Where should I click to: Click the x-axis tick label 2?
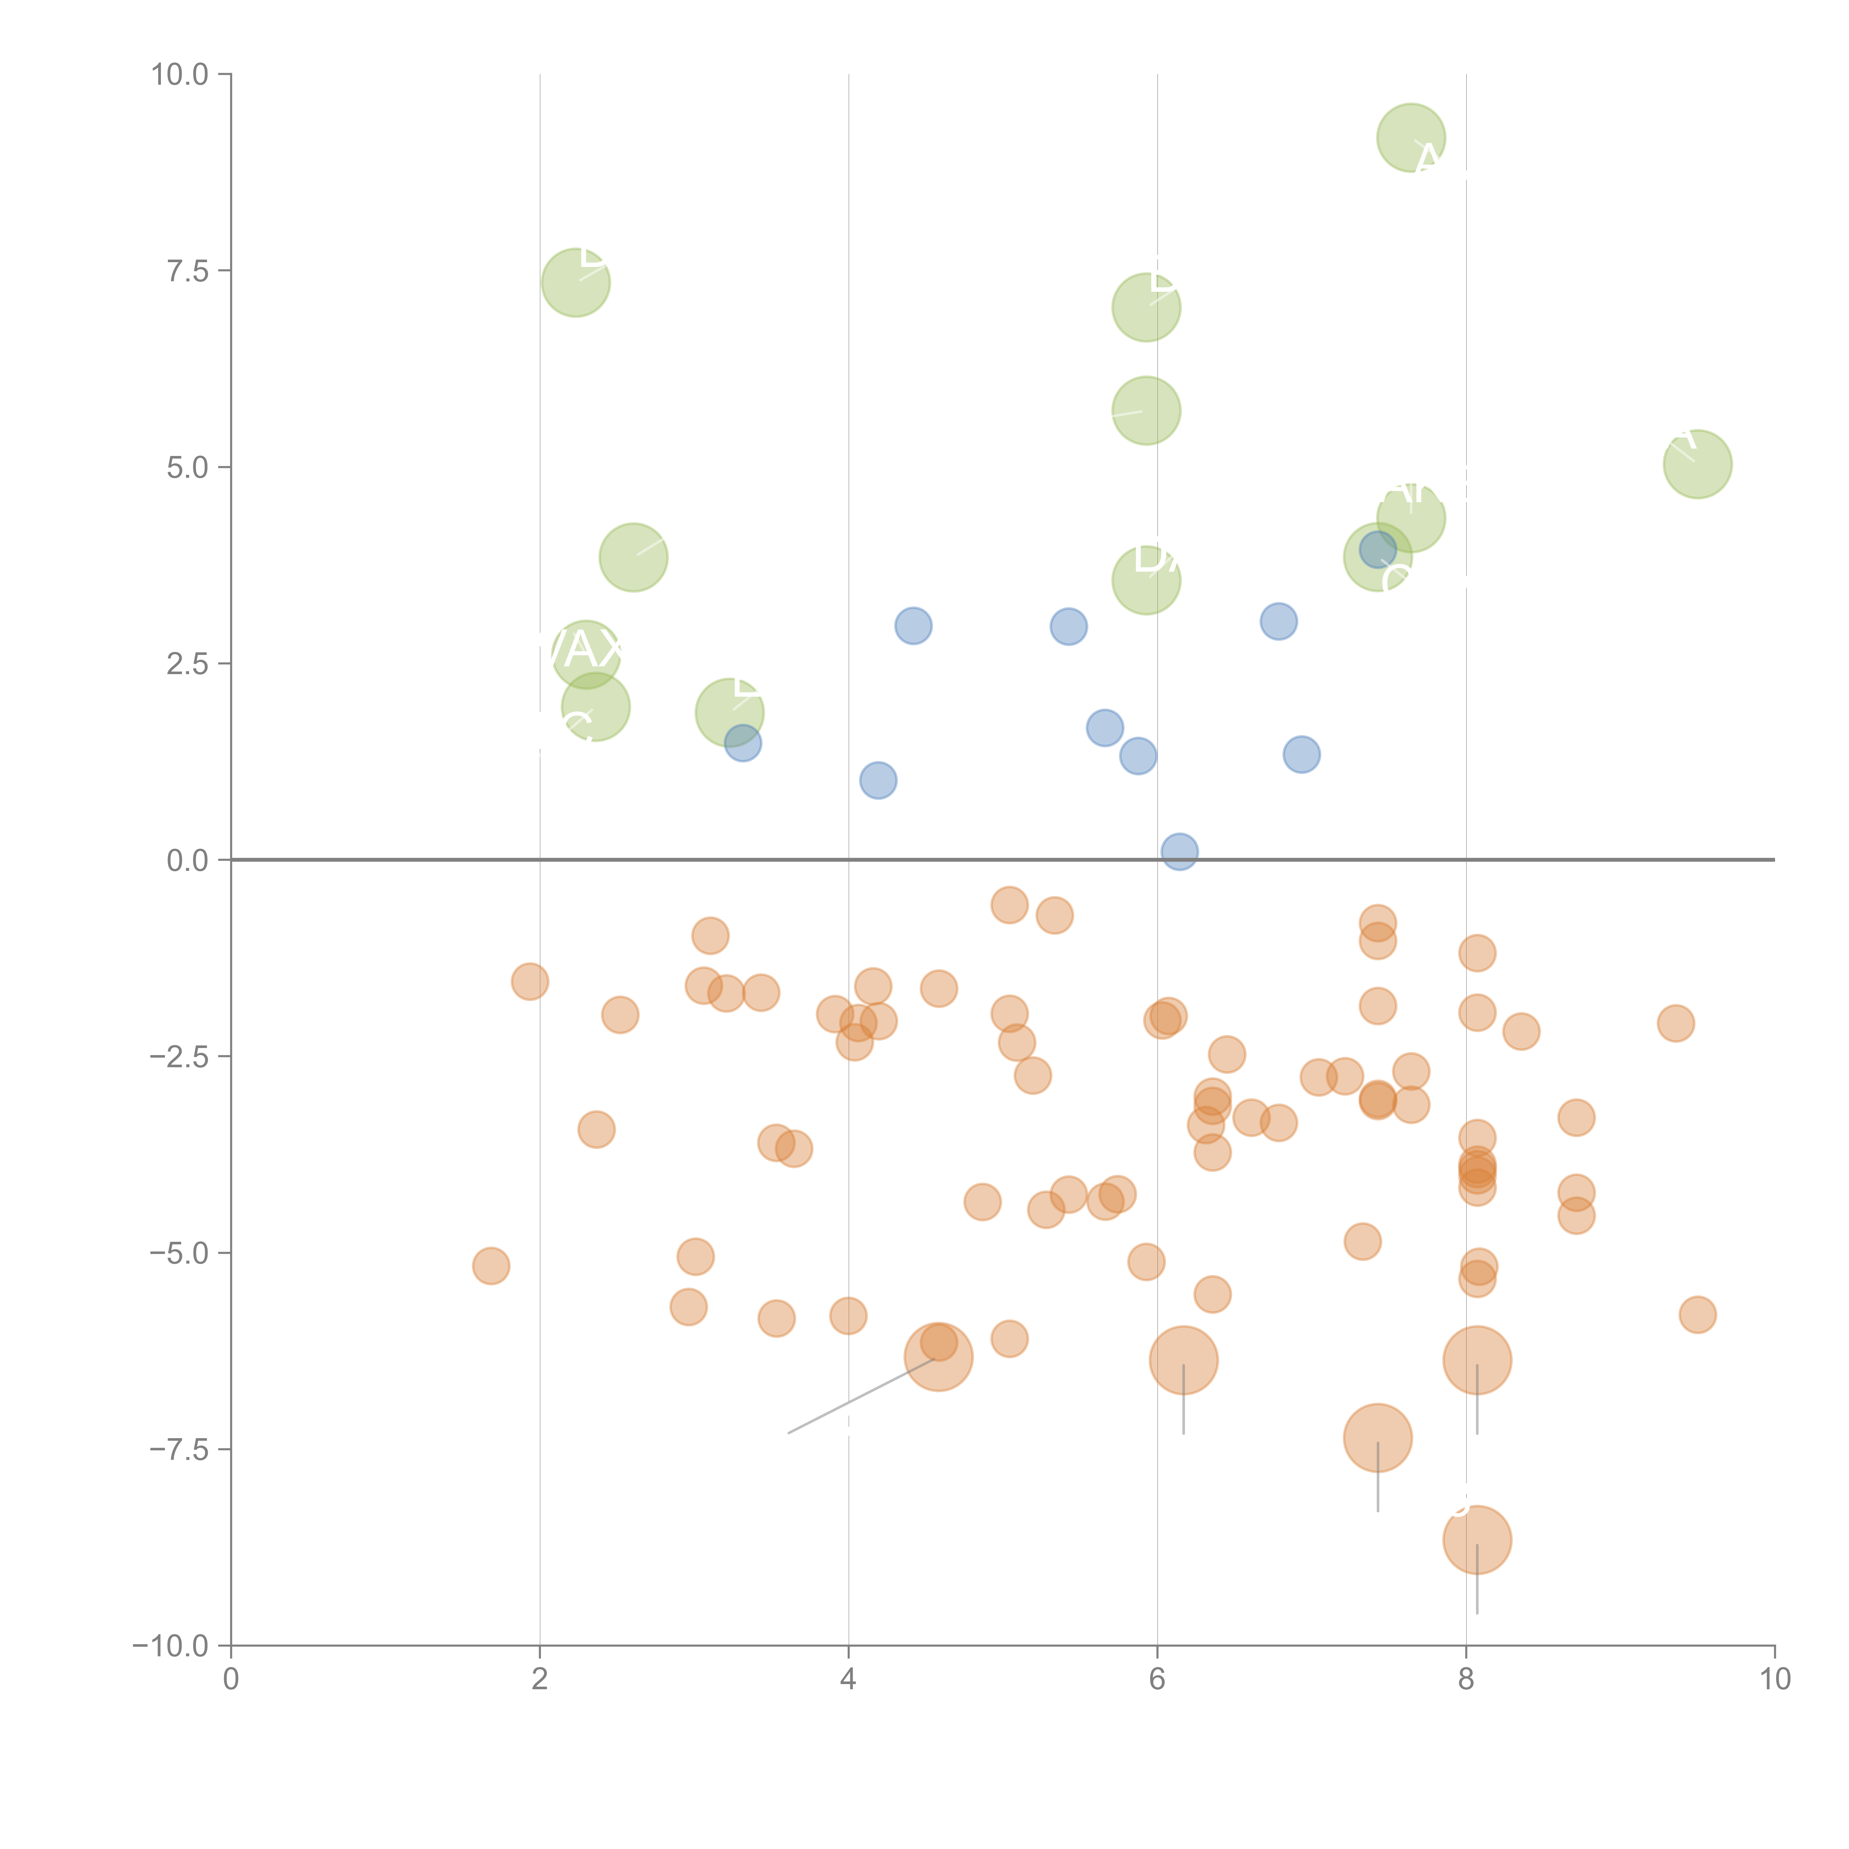click(x=540, y=1680)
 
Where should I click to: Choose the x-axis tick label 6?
click(x=1157, y=1680)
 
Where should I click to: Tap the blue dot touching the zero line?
click(x=1179, y=851)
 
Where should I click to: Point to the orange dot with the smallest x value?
click(x=491, y=1266)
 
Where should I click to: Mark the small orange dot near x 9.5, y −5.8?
click(x=1697, y=1315)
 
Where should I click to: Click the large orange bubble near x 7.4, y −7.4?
click(x=1377, y=1437)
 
